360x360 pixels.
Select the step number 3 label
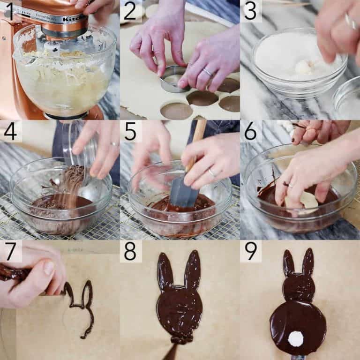tap(251, 11)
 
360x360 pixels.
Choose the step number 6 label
tap(251, 132)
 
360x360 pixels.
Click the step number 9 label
tap(251, 252)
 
